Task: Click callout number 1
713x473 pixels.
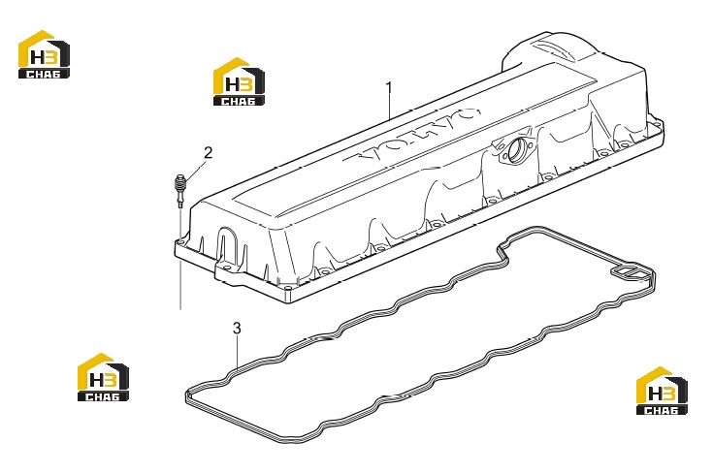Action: [x=389, y=87]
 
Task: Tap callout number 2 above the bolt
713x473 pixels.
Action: [x=208, y=153]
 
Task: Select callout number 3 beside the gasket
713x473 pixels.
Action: [x=237, y=328]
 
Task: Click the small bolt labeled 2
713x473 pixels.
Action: [x=180, y=190]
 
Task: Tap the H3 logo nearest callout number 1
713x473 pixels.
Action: [x=239, y=81]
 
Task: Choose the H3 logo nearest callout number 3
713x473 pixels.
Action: [x=103, y=377]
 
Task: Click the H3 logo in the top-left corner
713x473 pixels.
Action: [x=44, y=54]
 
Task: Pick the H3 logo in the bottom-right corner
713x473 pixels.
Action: [x=662, y=391]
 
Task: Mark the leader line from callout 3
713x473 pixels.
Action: [x=237, y=351]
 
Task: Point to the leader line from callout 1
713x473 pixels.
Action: [x=390, y=107]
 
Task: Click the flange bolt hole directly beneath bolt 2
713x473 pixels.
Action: [x=182, y=243]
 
